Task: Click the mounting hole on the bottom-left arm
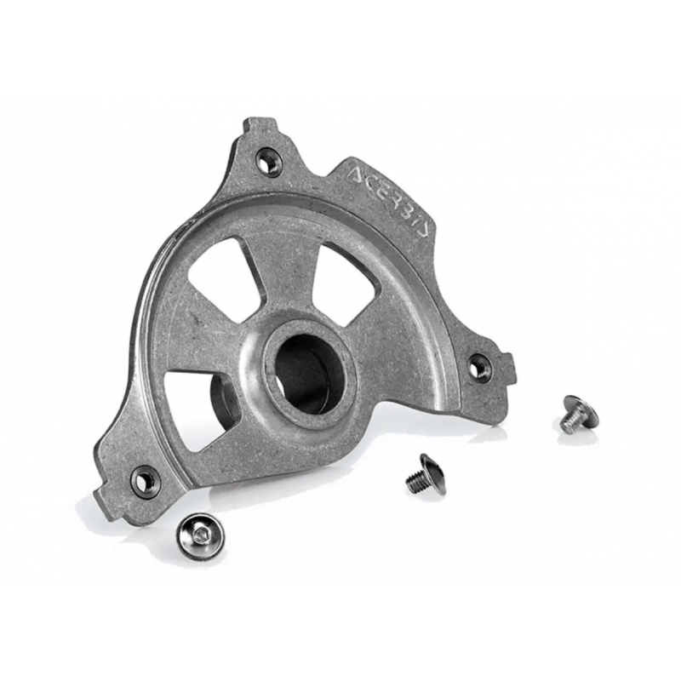click(144, 479)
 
